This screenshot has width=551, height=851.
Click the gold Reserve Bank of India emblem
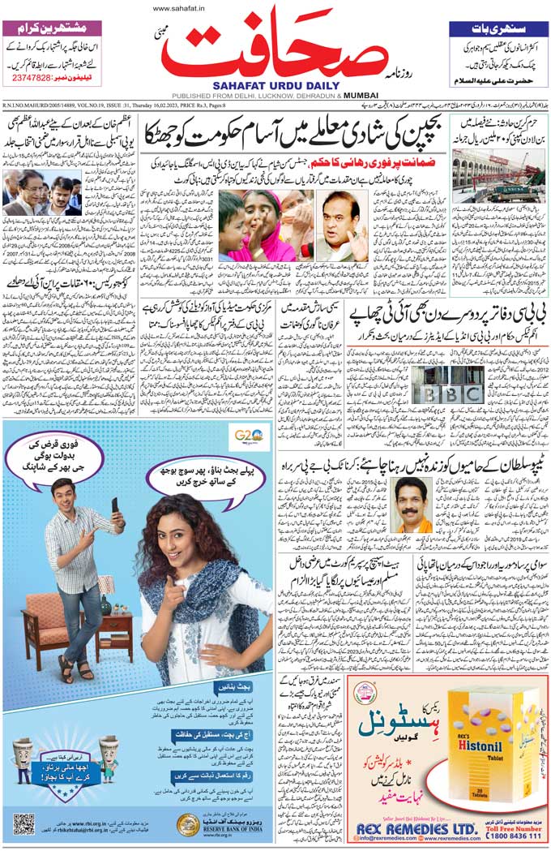[188, 825]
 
